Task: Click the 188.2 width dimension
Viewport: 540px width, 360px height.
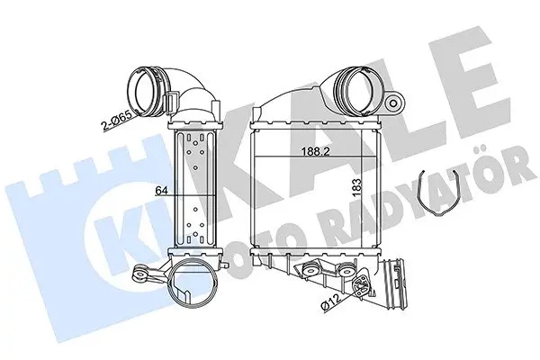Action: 316,151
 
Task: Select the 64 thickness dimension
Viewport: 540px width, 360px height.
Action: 161,191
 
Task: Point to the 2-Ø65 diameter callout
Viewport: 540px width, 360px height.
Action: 116,121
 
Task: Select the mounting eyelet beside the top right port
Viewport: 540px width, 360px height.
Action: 392,102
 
